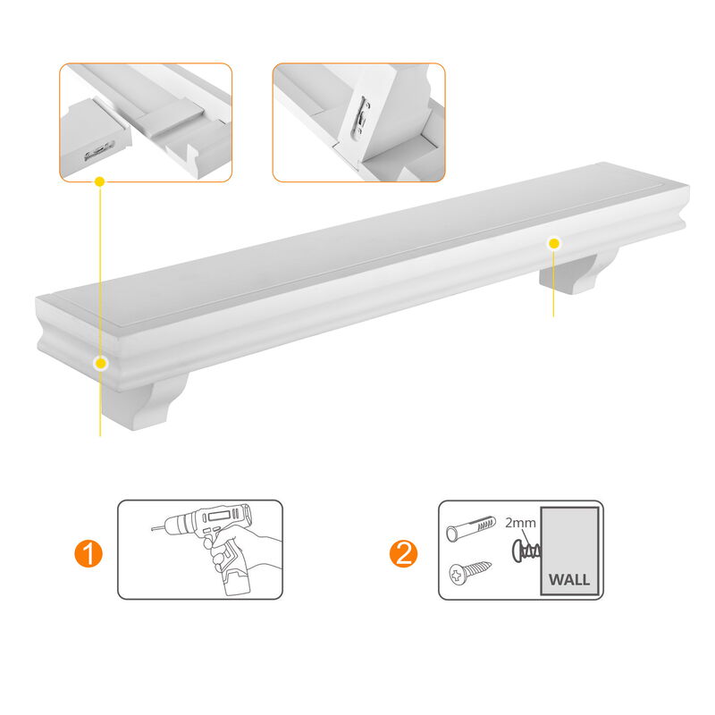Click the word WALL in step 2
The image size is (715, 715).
[568, 579]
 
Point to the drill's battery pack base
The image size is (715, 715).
[233, 582]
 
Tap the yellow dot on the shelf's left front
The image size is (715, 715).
[101, 363]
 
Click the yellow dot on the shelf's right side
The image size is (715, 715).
[554, 242]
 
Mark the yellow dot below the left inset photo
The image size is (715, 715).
[100, 181]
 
